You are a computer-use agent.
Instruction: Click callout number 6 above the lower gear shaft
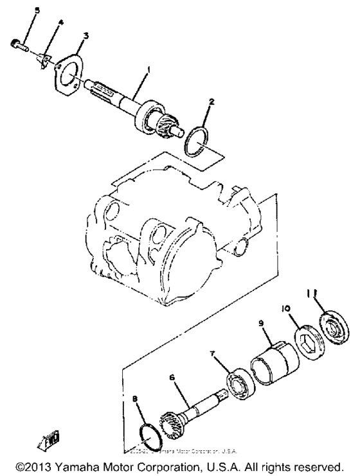(x=172, y=378)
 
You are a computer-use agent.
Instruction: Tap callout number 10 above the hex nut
(x=286, y=308)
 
